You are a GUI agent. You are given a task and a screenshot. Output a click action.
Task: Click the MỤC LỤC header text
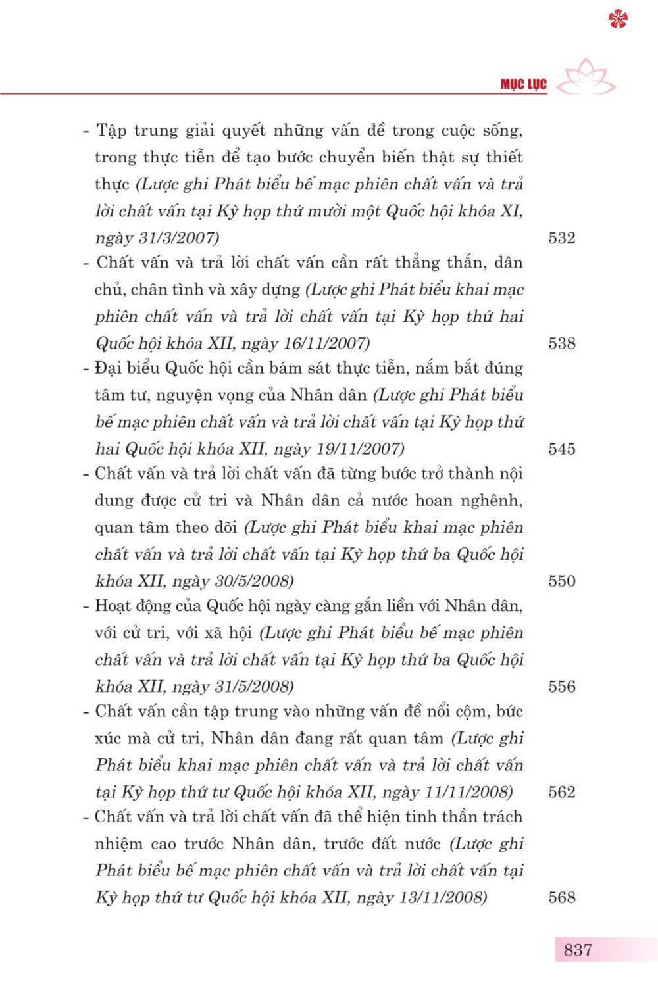pos(523,84)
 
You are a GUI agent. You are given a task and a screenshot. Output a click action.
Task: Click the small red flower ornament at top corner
pos(618,19)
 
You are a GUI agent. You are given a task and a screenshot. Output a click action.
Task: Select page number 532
pos(561,238)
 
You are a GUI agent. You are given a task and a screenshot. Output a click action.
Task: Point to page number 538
pos(561,343)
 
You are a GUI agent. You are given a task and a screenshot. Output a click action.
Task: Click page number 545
pos(561,449)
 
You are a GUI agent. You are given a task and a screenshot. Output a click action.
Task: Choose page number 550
pos(561,581)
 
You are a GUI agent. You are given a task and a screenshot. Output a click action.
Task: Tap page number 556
pos(561,687)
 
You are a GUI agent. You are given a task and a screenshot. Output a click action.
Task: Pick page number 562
pos(561,792)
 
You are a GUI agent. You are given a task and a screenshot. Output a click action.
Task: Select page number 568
pos(561,898)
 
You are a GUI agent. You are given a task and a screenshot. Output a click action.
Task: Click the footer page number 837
pos(578,950)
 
